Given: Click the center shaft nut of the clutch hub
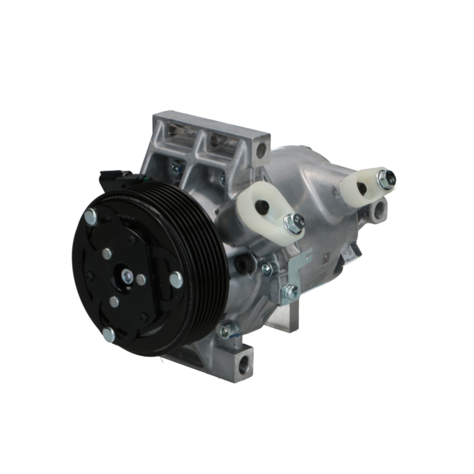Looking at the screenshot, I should (127, 275).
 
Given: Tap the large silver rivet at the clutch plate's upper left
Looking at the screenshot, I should (90, 217).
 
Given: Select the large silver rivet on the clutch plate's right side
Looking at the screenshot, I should (176, 280).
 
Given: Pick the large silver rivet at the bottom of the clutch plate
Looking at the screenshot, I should (109, 335).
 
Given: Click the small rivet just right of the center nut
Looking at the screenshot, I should (141, 280).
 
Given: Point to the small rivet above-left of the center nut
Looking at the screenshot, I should (107, 254).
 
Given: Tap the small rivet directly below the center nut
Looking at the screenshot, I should (114, 301).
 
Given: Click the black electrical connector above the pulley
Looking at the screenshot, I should (118, 179).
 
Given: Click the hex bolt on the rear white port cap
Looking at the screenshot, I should (386, 178).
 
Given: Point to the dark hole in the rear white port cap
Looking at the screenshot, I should (361, 188).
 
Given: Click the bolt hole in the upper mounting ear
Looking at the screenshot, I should (260, 152).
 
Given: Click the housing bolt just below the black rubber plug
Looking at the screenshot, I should (268, 269).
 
